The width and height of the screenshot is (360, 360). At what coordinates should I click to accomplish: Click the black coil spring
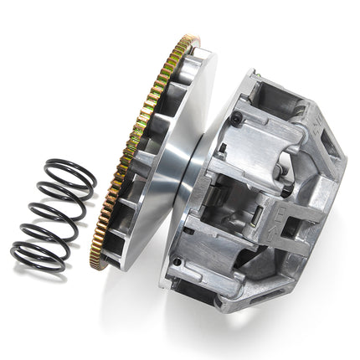click(52, 214)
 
